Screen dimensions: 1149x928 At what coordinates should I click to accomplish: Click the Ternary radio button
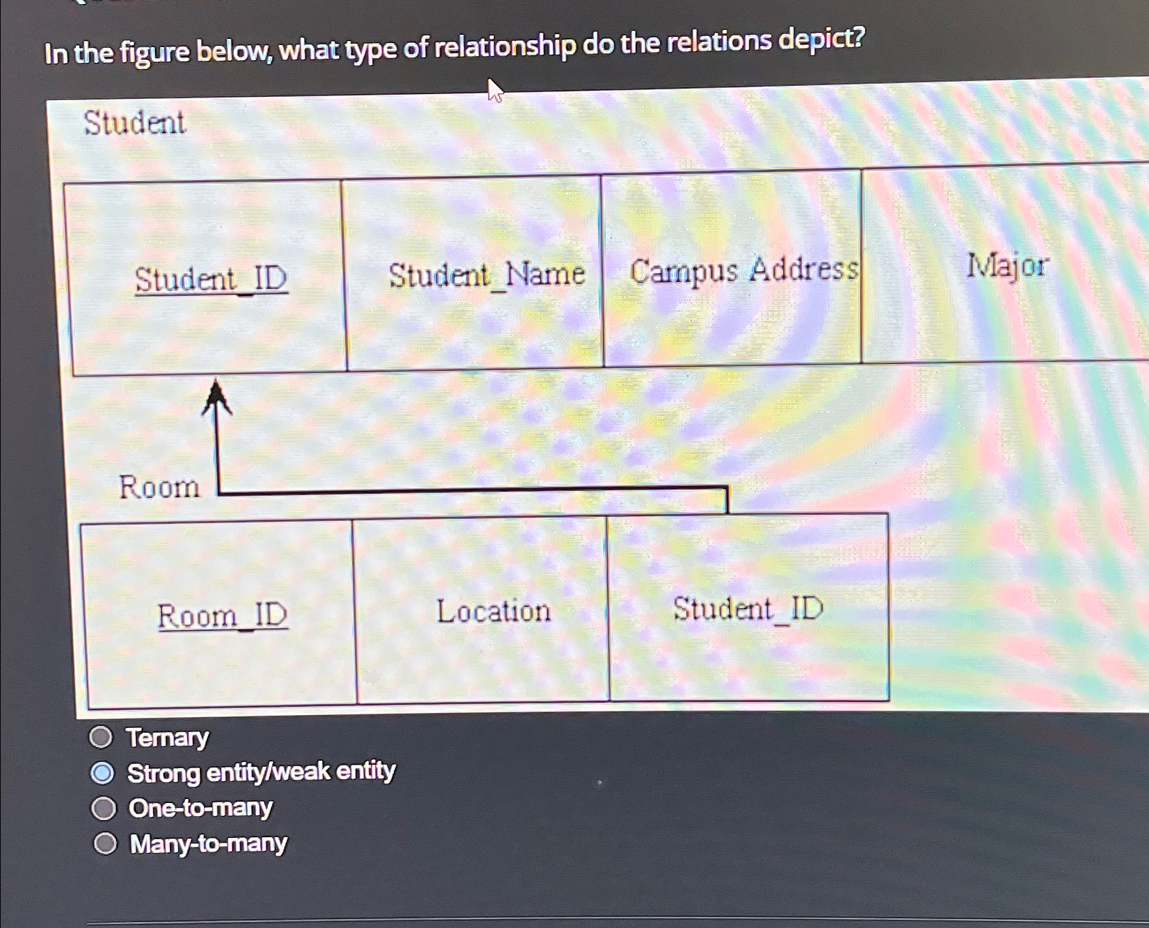point(101,737)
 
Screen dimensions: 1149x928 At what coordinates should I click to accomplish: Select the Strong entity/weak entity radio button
point(102,773)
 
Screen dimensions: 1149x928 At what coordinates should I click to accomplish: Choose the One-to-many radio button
point(104,809)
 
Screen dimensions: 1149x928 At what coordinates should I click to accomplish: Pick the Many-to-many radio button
point(105,844)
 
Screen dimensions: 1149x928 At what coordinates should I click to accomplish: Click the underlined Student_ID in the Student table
point(211,279)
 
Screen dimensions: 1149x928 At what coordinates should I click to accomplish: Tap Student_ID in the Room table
point(748,608)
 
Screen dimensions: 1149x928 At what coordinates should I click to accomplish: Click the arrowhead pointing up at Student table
point(216,397)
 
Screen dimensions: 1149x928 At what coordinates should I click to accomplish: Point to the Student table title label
point(134,123)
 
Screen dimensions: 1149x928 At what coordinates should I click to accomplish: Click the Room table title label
point(159,487)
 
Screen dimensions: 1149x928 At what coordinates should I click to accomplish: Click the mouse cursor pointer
point(495,90)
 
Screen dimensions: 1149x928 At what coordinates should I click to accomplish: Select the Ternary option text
point(167,737)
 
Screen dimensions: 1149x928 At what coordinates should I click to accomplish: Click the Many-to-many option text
point(208,844)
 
